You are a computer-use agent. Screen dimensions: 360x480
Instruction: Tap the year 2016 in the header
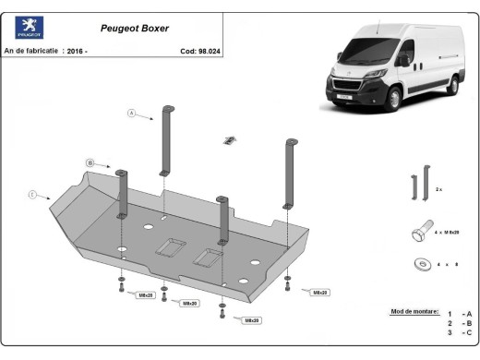click(x=78, y=51)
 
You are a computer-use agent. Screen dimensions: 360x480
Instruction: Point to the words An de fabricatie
click(x=31, y=51)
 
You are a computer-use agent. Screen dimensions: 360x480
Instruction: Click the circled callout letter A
click(x=131, y=114)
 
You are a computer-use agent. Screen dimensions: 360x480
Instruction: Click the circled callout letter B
click(x=90, y=162)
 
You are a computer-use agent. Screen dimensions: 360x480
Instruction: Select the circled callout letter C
click(x=32, y=194)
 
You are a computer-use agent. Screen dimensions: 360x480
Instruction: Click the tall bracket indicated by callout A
click(x=167, y=138)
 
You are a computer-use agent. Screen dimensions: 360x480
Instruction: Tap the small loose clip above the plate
click(x=226, y=140)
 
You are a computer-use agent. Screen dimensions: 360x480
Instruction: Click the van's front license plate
click(x=343, y=94)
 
